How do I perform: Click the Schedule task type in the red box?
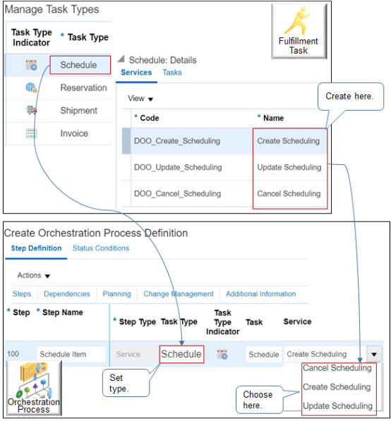pos(79,65)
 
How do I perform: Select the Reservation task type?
pos(83,88)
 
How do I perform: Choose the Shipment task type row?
pos(78,111)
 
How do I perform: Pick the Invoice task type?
pos(74,133)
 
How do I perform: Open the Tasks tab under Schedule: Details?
pos(172,73)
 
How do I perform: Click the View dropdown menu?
pos(140,99)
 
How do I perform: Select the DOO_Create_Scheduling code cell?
pos(176,141)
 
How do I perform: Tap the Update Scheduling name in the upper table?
pos(289,168)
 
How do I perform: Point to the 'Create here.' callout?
pos(349,97)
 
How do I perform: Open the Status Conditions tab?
pos(101,248)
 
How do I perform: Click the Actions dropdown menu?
pos(33,275)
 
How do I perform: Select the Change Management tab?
pos(179,294)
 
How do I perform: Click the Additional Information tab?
pos(260,294)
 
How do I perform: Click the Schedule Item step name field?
pos(71,355)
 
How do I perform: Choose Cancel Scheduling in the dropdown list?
pos(337,368)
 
